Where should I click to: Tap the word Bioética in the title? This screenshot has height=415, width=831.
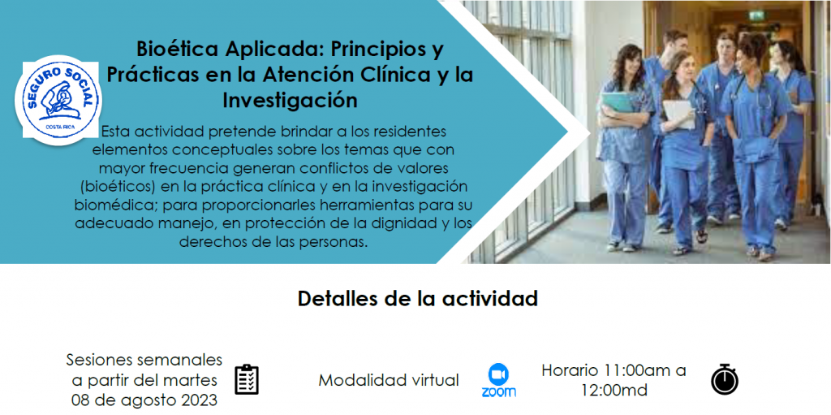click(x=175, y=49)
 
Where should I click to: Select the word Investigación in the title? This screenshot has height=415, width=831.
click(x=290, y=100)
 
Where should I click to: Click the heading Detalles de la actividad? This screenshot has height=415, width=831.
click(x=418, y=298)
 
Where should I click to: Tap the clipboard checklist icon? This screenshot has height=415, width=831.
click(x=247, y=379)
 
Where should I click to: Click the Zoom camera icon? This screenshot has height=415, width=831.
click(x=498, y=374)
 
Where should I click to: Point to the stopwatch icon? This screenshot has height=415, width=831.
click(x=725, y=379)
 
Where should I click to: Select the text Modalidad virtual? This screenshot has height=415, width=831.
click(x=389, y=380)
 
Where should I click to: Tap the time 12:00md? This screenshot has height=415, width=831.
click(x=614, y=391)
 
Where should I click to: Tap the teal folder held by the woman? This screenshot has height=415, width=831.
click(x=618, y=102)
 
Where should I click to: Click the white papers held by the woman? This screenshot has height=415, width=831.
click(x=679, y=113)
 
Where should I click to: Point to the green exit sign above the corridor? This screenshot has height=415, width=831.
click(x=757, y=15)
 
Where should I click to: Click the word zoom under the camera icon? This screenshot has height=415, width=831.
click(x=499, y=392)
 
